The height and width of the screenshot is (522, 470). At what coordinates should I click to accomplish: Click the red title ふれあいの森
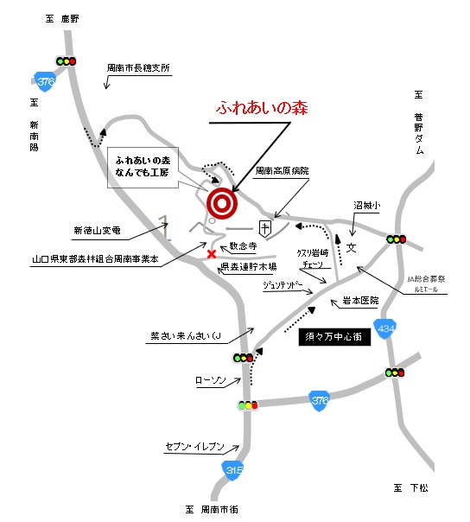(x=260, y=110)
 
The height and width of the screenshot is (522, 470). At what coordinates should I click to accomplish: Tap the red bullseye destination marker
(x=221, y=203)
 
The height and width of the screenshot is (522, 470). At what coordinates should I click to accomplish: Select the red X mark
(x=212, y=254)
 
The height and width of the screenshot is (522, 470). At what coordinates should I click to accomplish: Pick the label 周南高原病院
(x=282, y=172)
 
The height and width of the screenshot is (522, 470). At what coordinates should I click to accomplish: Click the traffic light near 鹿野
(x=66, y=61)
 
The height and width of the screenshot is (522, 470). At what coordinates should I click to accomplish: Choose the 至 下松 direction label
(x=410, y=489)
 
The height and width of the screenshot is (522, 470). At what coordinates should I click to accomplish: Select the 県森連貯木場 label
(x=247, y=267)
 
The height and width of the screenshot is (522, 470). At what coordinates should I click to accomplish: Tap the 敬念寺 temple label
(x=244, y=245)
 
